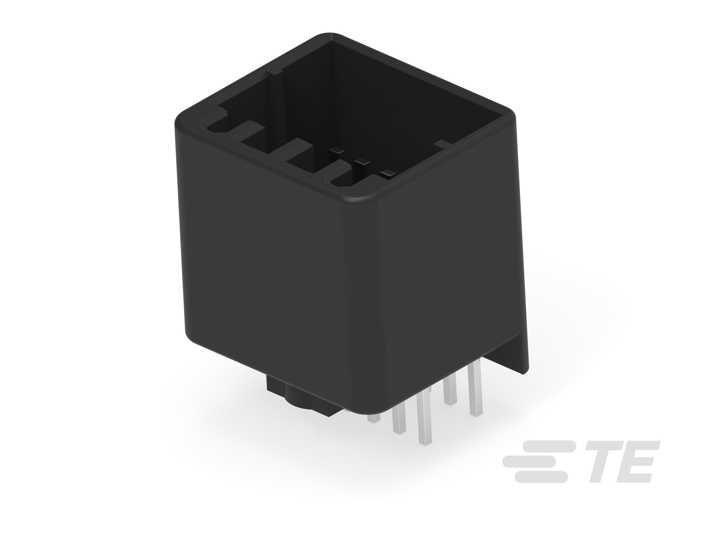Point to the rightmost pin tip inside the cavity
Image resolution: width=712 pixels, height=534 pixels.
click(388, 174)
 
